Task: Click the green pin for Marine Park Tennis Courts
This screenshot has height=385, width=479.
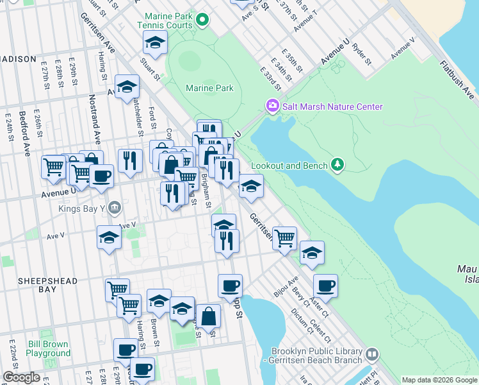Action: click(203, 21)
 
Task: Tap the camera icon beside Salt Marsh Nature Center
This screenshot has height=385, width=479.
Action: click(272, 105)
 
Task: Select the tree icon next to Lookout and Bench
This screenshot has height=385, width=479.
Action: click(337, 166)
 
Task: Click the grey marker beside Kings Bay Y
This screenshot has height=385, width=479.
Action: click(114, 207)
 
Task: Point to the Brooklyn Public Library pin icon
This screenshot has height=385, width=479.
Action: click(371, 353)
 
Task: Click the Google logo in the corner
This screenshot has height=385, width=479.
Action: click(21, 377)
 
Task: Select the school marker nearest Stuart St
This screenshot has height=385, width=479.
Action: click(154, 44)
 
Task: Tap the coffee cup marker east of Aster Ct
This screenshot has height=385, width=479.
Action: click(325, 286)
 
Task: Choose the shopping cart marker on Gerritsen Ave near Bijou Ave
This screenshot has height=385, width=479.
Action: click(284, 238)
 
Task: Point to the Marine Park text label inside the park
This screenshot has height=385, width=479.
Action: click(209, 88)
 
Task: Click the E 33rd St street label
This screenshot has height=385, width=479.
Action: click(272, 79)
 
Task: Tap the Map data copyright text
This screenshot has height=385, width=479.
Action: click(439, 380)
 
